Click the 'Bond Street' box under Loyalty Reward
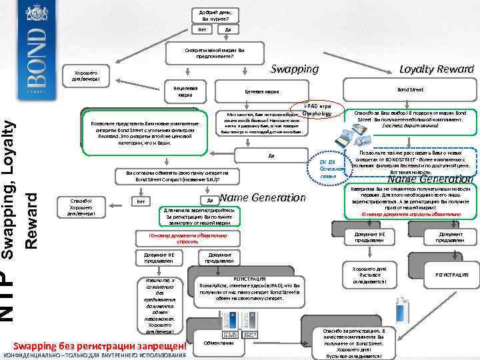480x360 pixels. click(x=409, y=88)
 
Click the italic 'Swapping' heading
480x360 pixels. click(x=295, y=69)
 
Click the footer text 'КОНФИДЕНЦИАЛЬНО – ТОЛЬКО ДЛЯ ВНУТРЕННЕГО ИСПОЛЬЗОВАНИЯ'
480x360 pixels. click(x=94, y=355)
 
